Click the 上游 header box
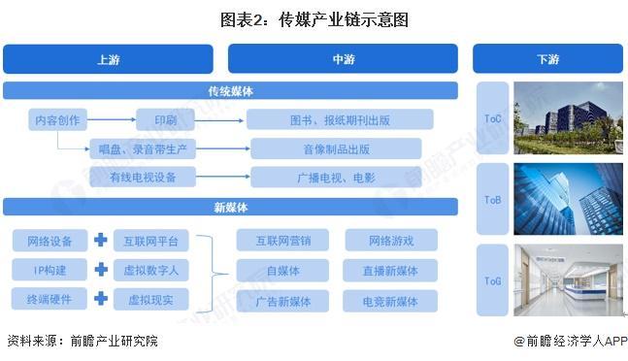(108, 59)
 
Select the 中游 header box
(343, 59)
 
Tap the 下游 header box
(547, 59)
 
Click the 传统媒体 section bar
(230, 91)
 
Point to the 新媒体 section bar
(230, 207)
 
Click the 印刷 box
(164, 120)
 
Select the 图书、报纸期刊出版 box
(339, 120)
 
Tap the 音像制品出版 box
(336, 148)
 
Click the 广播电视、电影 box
(336, 177)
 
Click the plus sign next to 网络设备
(100, 240)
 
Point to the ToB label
(493, 201)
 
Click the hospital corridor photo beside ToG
(568, 280)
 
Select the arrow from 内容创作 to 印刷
(112, 120)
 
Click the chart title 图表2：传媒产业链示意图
(314, 17)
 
